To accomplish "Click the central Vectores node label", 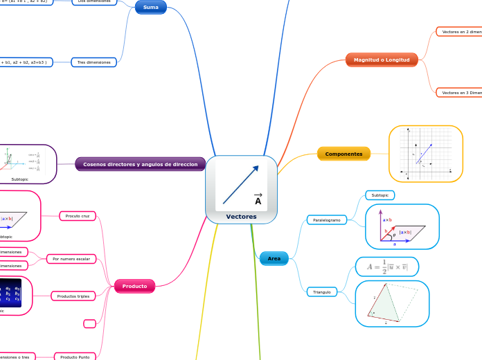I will pyautogui.click(x=241, y=217).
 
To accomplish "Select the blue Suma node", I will pyautogui.click(x=151, y=8).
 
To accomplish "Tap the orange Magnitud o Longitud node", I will pyautogui.click(x=382, y=60).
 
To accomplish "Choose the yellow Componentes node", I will pyautogui.click(x=343, y=154).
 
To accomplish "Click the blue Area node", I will pyautogui.click(x=274, y=258).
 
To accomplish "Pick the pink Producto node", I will pyautogui.click(x=134, y=286).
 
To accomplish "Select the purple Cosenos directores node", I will pyautogui.click(x=141, y=165).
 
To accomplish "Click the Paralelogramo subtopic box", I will pyautogui.click(x=327, y=220).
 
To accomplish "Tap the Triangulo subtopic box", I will pyautogui.click(x=322, y=292).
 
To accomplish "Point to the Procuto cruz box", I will pyautogui.click(x=78, y=216).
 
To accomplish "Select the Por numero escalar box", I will pyautogui.click(x=72, y=259).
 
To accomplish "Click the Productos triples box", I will pyautogui.click(x=73, y=296).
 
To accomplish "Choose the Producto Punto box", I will pyautogui.click(x=75, y=357).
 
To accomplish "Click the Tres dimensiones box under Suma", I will pyautogui.click(x=94, y=62).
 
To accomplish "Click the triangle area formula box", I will pyautogui.click(x=387, y=267).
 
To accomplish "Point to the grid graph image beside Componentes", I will pyautogui.click(x=426, y=154).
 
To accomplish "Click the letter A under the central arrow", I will pyautogui.click(x=258, y=201).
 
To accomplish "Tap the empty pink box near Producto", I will pyautogui.click(x=89, y=323).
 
